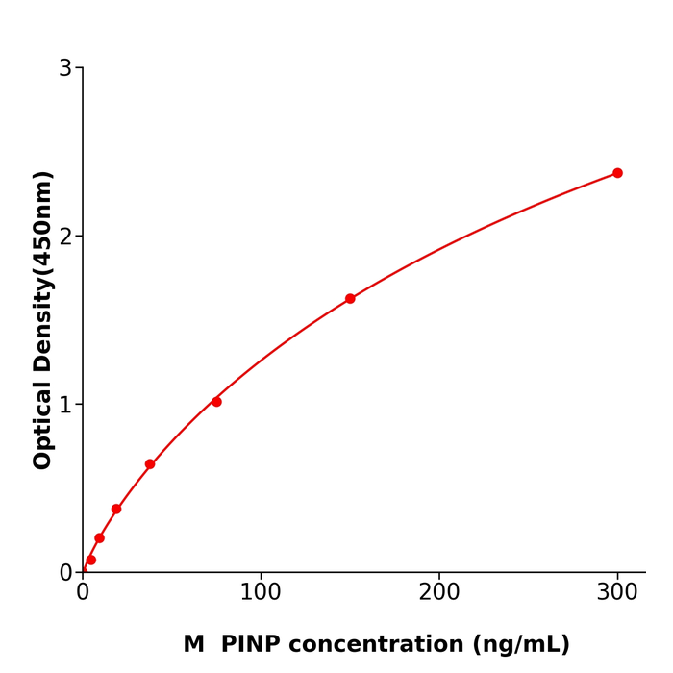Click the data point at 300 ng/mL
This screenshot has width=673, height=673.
pyautogui.click(x=617, y=173)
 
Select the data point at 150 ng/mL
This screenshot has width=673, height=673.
pyautogui.click(x=350, y=299)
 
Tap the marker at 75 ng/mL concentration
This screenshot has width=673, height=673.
pyautogui.click(x=216, y=402)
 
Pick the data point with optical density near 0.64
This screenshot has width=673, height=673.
pyautogui.click(x=150, y=464)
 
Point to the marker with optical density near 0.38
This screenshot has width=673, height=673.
pyautogui.click(x=116, y=509)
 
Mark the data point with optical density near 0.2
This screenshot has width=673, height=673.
pyautogui.click(x=99, y=538)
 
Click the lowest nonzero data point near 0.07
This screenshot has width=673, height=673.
pyautogui.click(x=91, y=560)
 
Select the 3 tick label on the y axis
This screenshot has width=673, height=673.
pyautogui.click(x=65, y=68)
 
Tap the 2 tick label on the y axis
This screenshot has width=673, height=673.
pyautogui.click(x=65, y=237)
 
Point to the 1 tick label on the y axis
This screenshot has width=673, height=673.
pyautogui.click(x=65, y=405)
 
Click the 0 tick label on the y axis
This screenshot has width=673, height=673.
pyautogui.click(x=65, y=573)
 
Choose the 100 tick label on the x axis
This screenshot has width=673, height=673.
pyautogui.click(x=261, y=593)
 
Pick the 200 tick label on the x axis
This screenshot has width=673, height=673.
pyautogui.click(x=438, y=593)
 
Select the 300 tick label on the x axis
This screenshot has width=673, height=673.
pyautogui.click(x=617, y=593)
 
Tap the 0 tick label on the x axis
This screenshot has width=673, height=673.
pyautogui.click(x=83, y=593)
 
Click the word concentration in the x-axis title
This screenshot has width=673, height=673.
pyautogui.click(x=386, y=645)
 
